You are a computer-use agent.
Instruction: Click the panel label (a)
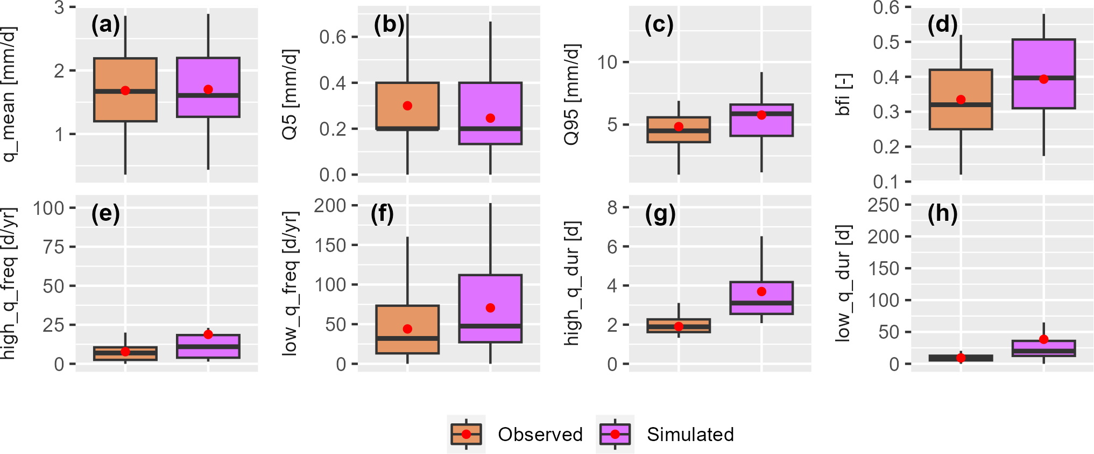click(105, 25)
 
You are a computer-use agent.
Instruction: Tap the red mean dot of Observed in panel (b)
click(407, 106)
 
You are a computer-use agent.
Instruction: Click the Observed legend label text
click(540, 434)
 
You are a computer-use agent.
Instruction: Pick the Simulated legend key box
click(615, 434)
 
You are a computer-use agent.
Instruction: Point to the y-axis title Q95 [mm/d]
click(571, 95)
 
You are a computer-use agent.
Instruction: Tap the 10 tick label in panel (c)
click(607, 62)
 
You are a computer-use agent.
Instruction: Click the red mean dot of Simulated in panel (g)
click(761, 291)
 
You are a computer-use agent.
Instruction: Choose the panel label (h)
click(942, 213)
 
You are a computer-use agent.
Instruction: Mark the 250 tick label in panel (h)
click(883, 205)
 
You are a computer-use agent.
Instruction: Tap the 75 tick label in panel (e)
click(53, 247)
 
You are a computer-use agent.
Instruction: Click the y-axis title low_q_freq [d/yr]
click(290, 283)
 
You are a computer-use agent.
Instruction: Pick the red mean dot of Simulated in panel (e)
click(208, 334)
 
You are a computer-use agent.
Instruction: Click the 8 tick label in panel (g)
click(612, 207)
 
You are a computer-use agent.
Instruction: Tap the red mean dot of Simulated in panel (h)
click(1044, 339)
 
